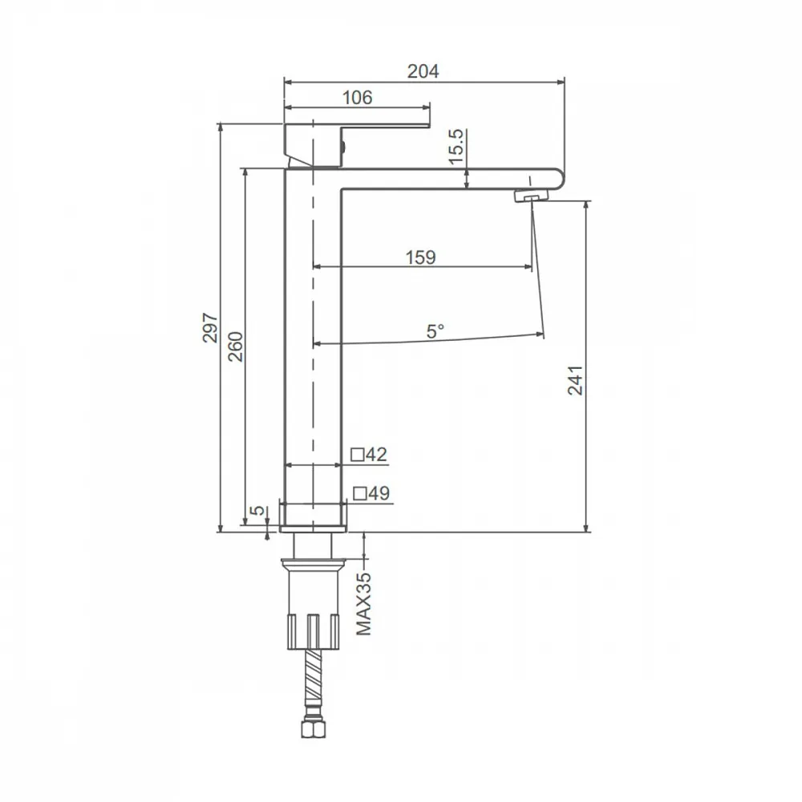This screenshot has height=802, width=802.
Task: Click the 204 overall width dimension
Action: [423, 71]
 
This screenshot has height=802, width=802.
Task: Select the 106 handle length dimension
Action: [357, 97]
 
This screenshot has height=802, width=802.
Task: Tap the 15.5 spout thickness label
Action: [457, 146]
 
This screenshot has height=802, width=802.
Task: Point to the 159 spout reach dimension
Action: [420, 257]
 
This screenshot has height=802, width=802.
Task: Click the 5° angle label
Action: [435, 331]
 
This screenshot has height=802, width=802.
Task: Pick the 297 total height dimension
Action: [210, 327]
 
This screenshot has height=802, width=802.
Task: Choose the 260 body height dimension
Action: [235, 346]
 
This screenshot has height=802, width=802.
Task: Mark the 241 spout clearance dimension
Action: [575, 380]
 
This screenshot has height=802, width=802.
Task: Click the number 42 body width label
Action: [376, 454]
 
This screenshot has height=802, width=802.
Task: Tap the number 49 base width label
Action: [379, 493]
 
